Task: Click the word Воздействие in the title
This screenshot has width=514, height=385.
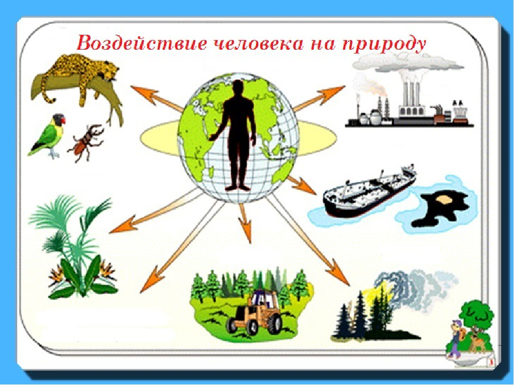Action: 141,43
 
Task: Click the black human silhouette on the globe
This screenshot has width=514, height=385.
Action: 237,135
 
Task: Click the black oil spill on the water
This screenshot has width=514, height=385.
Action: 439,210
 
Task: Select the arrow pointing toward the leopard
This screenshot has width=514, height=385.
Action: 157,98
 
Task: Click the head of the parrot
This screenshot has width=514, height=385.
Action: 58,119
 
